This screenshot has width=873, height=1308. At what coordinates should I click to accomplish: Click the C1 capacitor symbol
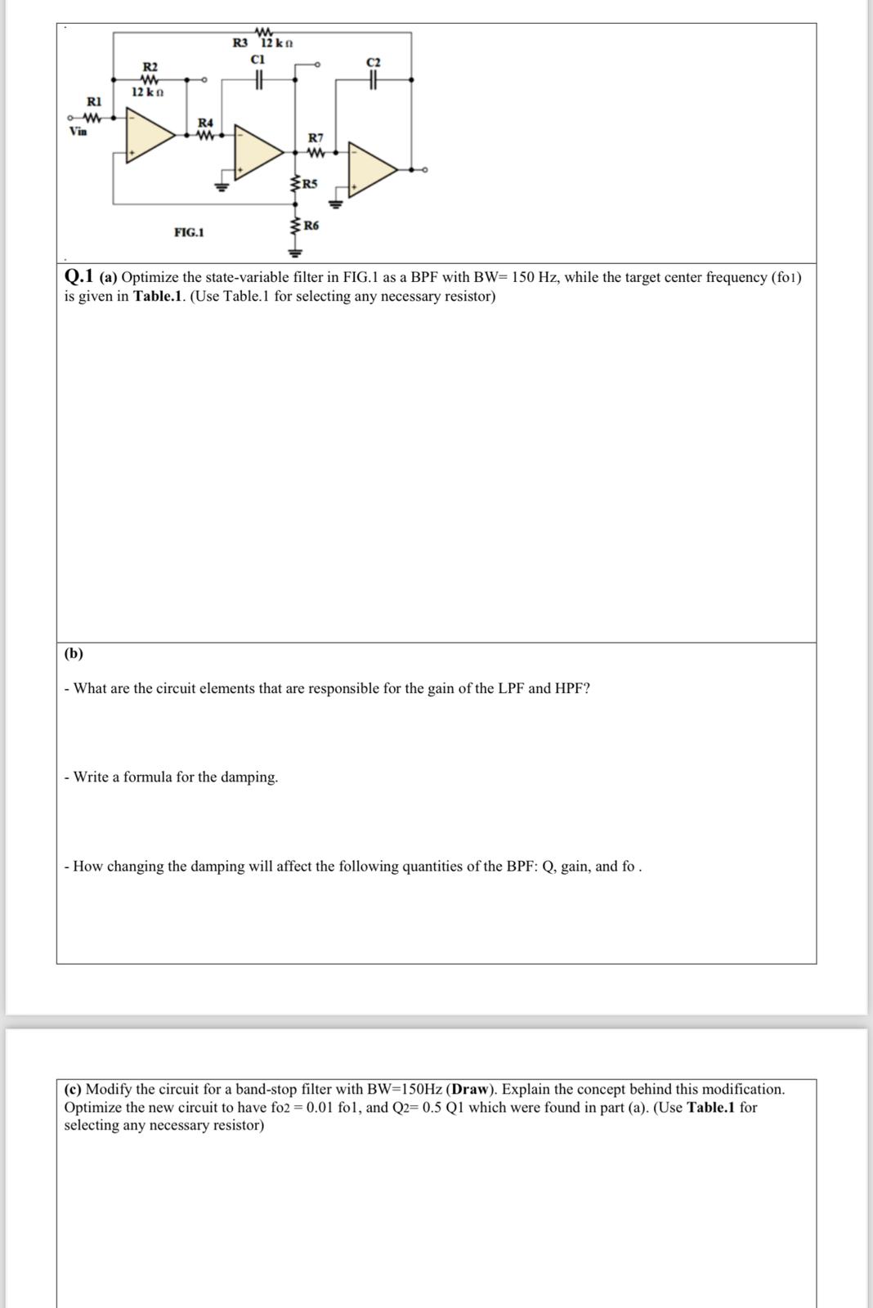tap(258, 79)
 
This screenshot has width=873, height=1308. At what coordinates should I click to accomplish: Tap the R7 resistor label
tap(316, 138)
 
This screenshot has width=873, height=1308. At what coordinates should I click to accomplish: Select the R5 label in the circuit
tap(310, 183)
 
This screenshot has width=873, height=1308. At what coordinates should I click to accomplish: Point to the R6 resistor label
tap(311, 225)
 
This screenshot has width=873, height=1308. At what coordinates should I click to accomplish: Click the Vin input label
tap(78, 131)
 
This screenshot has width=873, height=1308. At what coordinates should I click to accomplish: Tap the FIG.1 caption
tap(189, 233)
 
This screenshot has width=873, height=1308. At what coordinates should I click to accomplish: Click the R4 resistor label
tap(205, 122)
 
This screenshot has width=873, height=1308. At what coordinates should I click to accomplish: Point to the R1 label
tap(94, 101)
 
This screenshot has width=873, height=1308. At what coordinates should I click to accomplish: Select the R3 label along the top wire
tap(240, 43)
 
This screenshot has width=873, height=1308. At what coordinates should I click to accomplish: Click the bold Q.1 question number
tap(80, 276)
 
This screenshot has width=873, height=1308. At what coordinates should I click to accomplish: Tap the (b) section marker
tap(74, 653)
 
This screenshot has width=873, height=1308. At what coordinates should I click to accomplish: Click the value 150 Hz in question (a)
tap(535, 277)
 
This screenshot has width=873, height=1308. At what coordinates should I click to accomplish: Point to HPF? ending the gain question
tap(572, 688)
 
